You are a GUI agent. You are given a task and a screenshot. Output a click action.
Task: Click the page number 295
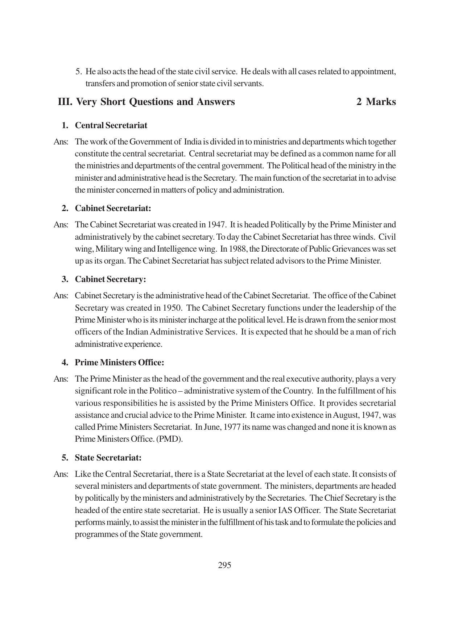pos(224,565)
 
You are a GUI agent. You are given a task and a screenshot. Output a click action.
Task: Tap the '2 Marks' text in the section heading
pos(376,102)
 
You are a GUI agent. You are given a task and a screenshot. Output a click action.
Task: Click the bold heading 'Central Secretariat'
pos(111,125)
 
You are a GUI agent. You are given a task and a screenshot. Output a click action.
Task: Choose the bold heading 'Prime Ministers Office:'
pos(119,362)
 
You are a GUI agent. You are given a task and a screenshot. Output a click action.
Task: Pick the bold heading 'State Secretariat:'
pos(108,458)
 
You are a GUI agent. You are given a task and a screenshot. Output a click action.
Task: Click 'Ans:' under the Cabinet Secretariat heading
pos(61,224)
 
